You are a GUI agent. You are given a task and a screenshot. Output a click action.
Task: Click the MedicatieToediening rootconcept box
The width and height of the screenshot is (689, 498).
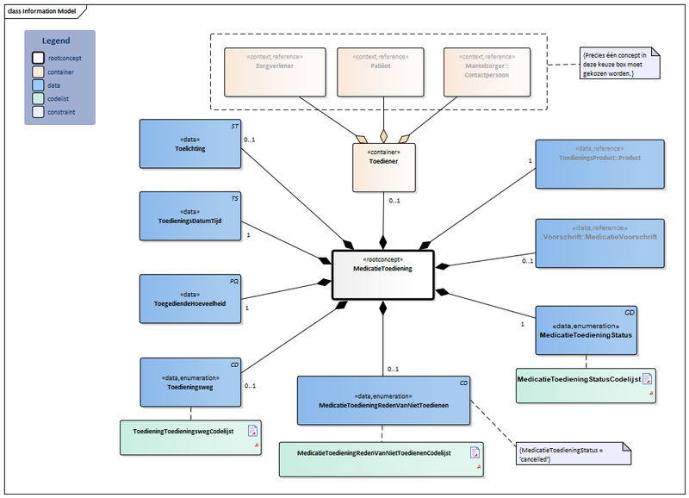point(382,275)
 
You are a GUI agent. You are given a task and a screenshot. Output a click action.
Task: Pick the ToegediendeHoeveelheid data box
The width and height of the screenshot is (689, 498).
point(190,298)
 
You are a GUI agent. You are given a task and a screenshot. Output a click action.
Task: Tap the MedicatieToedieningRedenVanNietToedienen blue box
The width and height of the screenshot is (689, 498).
point(383,400)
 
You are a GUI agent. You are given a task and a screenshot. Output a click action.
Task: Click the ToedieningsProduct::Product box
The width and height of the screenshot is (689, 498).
point(599,164)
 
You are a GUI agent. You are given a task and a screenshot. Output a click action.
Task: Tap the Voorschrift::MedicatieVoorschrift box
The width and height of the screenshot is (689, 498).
point(599,242)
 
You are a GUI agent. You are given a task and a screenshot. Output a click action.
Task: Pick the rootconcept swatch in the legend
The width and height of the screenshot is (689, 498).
point(39,57)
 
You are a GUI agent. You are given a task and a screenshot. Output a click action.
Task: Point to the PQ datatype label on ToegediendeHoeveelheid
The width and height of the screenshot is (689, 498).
point(233,281)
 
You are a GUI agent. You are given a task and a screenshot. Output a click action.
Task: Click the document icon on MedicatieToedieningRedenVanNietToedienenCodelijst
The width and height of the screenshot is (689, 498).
point(474,452)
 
